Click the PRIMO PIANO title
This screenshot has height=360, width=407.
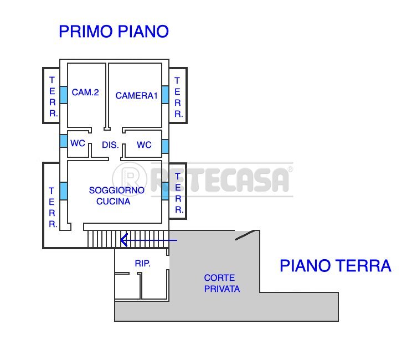point(114,32)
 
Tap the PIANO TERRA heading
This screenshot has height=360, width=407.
point(335,266)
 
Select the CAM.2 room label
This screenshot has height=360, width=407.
point(85,92)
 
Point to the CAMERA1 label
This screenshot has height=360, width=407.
point(136,96)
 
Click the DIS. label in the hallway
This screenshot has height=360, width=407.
point(110,145)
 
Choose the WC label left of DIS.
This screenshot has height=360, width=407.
point(78,143)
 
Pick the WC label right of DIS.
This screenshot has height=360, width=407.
point(144,145)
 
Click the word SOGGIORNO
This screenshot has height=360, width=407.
point(116,190)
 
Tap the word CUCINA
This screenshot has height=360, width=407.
point(113,201)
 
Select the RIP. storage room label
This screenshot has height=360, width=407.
point(143,264)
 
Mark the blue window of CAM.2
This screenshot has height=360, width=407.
point(64,94)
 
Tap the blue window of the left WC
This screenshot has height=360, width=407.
point(64,141)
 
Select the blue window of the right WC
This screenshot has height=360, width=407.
point(165,146)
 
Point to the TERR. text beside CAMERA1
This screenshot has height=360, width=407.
point(177,97)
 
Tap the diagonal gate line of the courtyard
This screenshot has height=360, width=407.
point(245,235)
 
